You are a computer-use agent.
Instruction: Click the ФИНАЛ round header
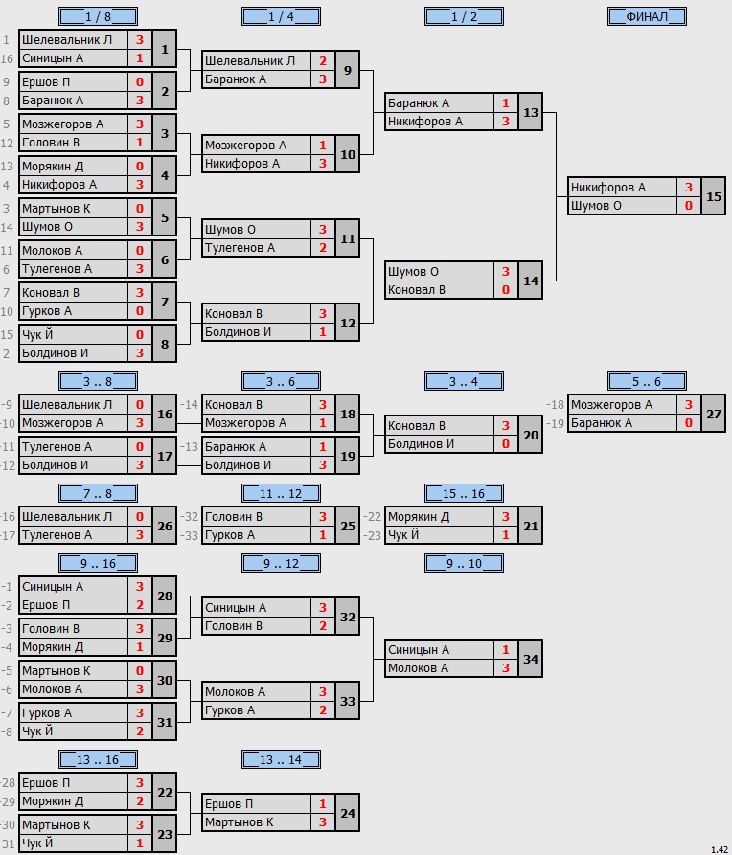647,17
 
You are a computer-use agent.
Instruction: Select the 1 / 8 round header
99,17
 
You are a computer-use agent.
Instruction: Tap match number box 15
714,196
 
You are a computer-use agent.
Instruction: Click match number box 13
531,112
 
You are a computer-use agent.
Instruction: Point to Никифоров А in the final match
608,188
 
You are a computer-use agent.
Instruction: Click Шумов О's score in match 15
689,206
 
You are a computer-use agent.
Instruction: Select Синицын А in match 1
53,58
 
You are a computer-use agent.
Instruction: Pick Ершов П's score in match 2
140,82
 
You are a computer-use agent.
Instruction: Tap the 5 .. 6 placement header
647,382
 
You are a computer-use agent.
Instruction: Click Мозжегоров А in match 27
611,405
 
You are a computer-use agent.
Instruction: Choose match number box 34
531,659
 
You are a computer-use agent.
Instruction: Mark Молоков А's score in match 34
506,668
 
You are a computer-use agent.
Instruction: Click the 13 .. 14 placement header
281,759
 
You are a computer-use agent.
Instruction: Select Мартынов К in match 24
239,822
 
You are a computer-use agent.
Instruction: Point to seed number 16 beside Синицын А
7,58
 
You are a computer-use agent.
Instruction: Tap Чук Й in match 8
37,335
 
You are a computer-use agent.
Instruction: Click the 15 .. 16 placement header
464,493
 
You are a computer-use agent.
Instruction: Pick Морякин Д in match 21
418,517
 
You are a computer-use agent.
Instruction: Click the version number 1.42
720,849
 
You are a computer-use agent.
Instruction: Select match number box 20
531,435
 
